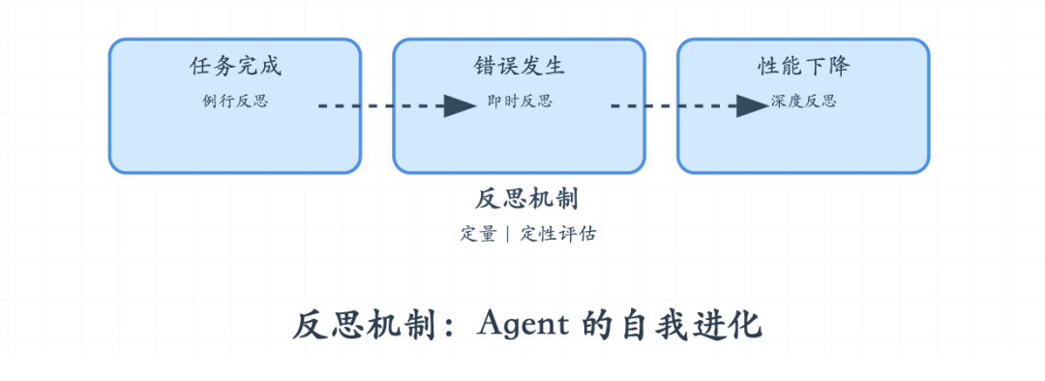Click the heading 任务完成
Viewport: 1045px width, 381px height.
pos(235,67)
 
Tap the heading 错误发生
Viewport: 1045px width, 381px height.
pos(520,67)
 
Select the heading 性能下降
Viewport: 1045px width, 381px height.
pos(803,67)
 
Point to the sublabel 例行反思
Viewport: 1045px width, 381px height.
pos(235,102)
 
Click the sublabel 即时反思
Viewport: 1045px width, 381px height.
pos(520,102)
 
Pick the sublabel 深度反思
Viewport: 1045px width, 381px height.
pos(803,102)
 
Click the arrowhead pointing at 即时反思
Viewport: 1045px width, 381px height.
pos(461,105)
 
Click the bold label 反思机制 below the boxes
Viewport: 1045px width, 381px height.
pos(527,198)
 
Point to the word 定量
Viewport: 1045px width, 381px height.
pos(478,233)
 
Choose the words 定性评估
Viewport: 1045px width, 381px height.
pos(557,233)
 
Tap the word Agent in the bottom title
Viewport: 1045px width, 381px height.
pos(522,324)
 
